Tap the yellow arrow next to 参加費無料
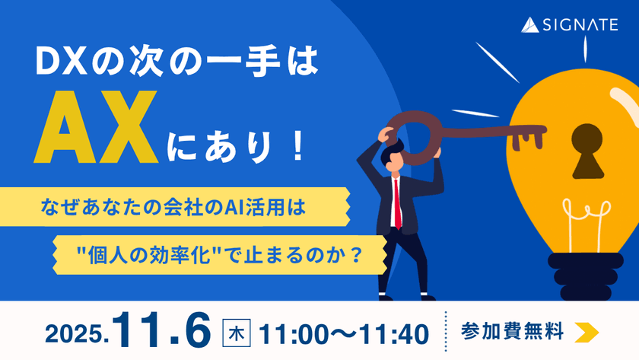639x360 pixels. pos(587,332)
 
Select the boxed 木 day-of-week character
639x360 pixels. pos(236,333)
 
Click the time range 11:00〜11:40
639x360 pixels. pos(343,333)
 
